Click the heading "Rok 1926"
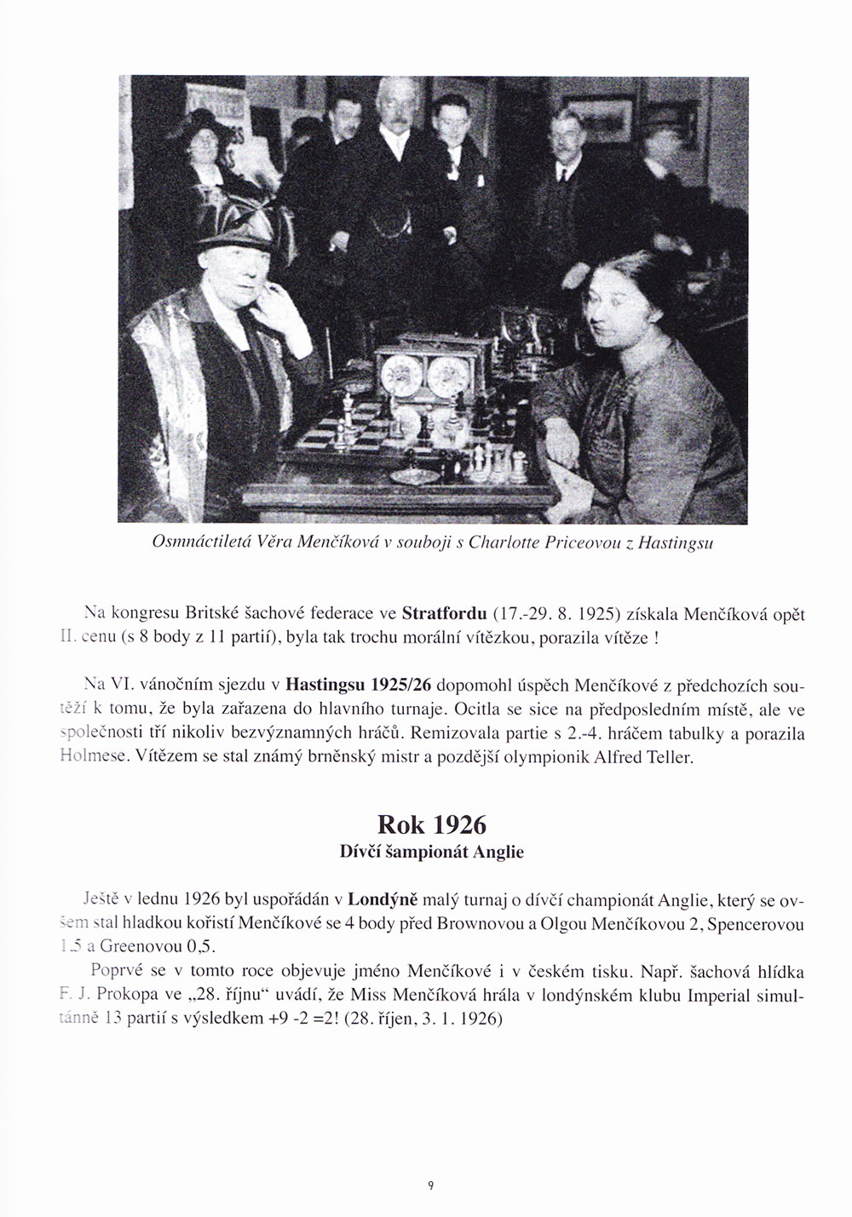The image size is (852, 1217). click(x=431, y=825)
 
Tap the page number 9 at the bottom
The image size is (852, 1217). click(x=432, y=1185)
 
